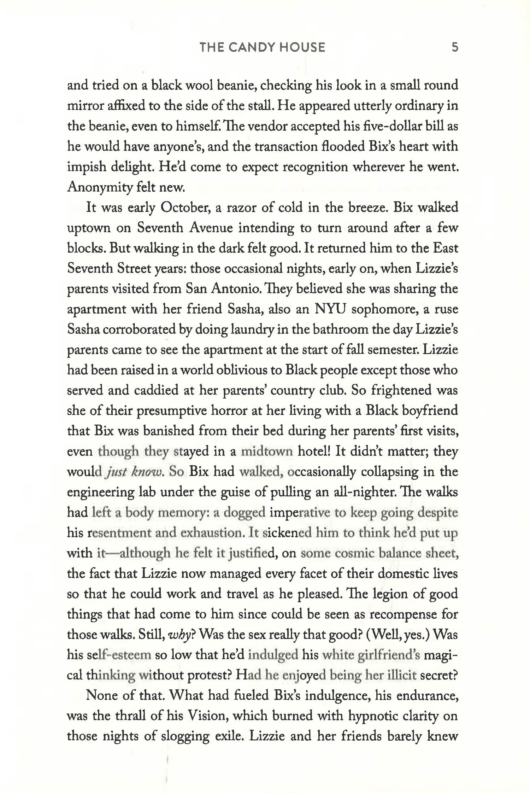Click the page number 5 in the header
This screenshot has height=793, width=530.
point(455,47)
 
